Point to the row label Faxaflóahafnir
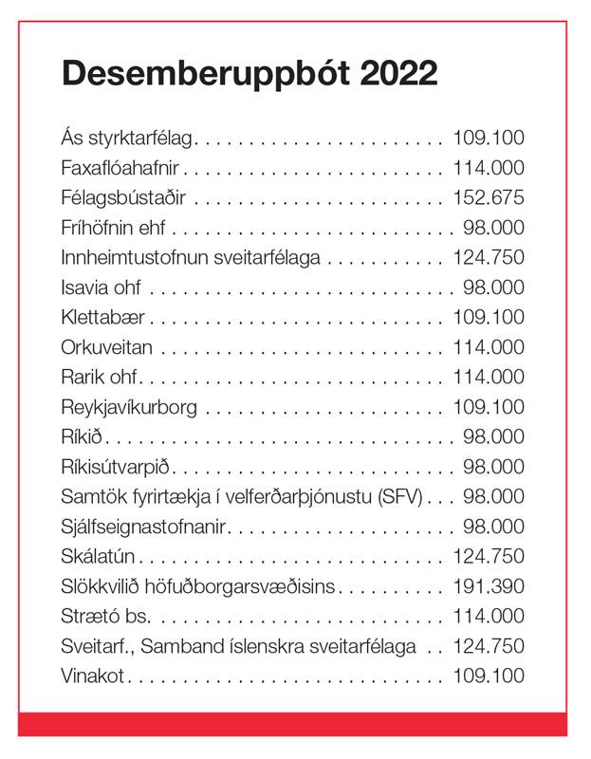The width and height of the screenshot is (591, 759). pos(120,168)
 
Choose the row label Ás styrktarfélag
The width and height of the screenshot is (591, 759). pos(127,139)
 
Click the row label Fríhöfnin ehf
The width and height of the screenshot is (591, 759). pos(115,228)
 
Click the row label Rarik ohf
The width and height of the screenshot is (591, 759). pos(100,378)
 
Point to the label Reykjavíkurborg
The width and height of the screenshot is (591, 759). pos(129,407)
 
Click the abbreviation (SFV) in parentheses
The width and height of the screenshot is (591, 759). pos(403,496)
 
